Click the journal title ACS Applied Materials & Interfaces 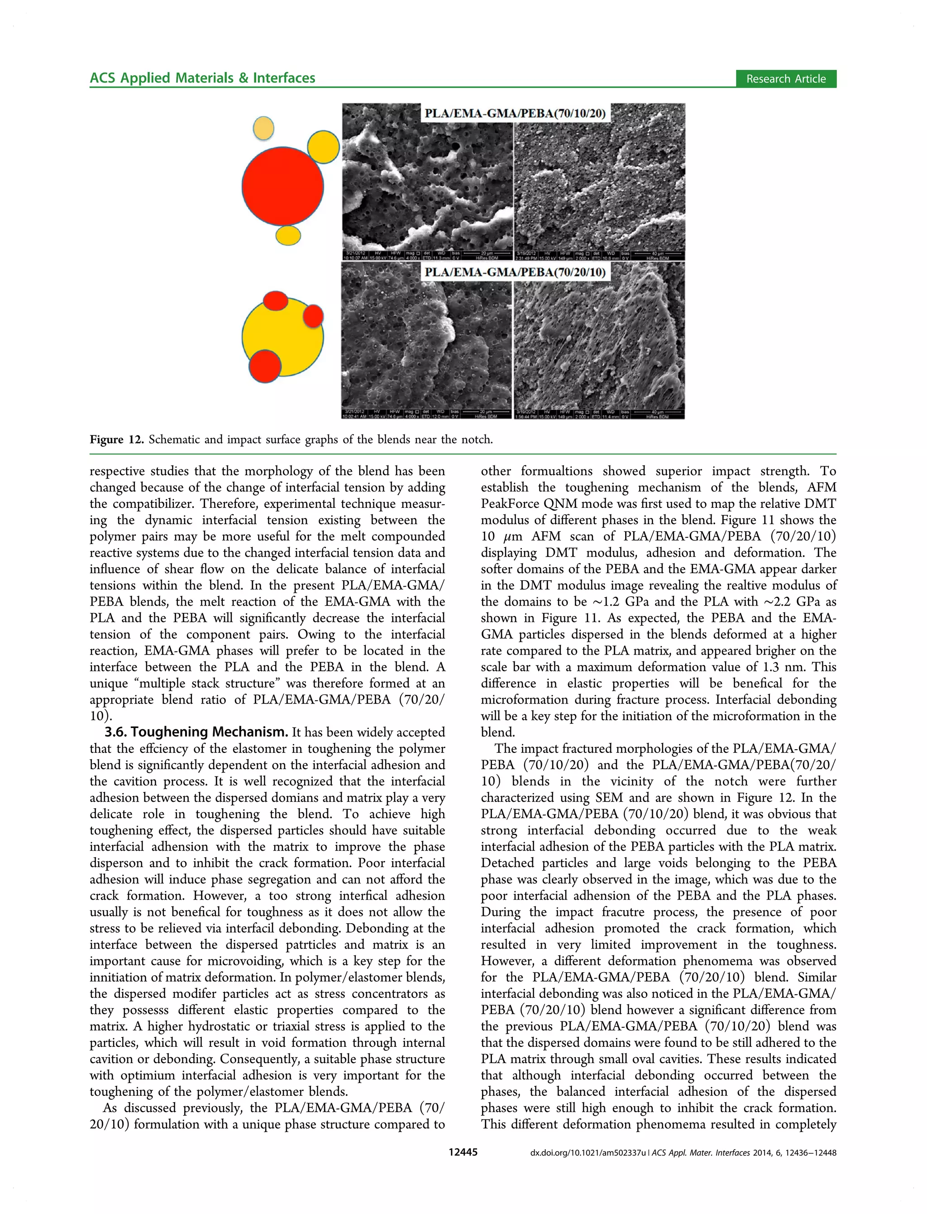(202, 78)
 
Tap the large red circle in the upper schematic (282, 186)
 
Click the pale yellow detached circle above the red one (263, 128)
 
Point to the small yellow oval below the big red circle (287, 235)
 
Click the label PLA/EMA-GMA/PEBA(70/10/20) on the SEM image (514, 114)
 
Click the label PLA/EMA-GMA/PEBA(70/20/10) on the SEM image (514, 272)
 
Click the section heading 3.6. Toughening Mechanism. (196, 732)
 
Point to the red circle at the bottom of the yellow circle (265, 366)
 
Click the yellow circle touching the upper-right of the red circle (323, 146)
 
